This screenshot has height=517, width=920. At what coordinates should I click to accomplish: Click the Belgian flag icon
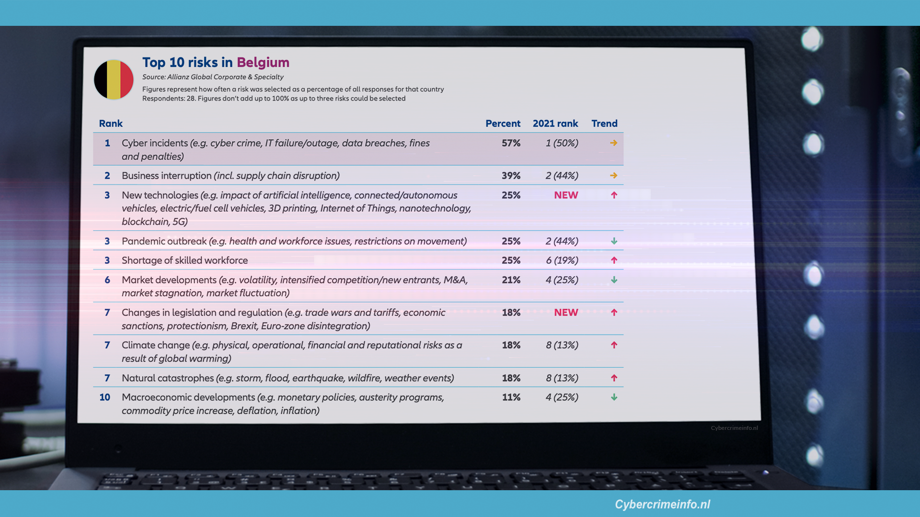(x=114, y=79)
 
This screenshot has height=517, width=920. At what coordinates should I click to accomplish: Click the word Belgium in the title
(x=263, y=62)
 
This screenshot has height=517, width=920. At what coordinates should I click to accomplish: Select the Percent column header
(x=503, y=124)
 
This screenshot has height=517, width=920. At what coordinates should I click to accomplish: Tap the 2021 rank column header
(x=555, y=124)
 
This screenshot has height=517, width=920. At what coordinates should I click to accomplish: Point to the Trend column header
(x=604, y=124)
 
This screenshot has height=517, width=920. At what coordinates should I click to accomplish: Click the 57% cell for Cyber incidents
(x=511, y=143)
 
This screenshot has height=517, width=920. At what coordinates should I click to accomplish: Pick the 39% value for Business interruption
(x=511, y=176)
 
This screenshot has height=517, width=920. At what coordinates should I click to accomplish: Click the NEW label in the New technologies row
(x=566, y=195)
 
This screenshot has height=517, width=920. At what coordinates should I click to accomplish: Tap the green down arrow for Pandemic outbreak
(x=614, y=241)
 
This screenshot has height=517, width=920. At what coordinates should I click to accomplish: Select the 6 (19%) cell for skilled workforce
(x=562, y=260)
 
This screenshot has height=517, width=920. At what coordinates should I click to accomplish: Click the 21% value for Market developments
(x=511, y=280)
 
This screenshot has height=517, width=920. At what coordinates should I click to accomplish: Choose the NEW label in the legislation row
(x=566, y=313)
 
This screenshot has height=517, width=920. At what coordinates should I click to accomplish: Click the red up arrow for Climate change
(x=614, y=345)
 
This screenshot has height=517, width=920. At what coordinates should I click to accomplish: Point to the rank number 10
(x=104, y=397)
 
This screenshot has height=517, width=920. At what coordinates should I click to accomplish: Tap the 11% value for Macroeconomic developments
(x=511, y=397)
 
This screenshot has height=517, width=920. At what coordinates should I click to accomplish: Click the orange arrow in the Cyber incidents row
(x=613, y=143)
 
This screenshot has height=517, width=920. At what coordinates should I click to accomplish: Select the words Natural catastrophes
(x=168, y=378)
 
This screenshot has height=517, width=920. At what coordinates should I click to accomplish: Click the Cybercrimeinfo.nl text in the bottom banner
(x=662, y=504)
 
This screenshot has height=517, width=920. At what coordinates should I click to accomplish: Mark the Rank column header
(x=111, y=124)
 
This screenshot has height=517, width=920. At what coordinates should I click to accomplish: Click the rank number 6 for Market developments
(x=107, y=280)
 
